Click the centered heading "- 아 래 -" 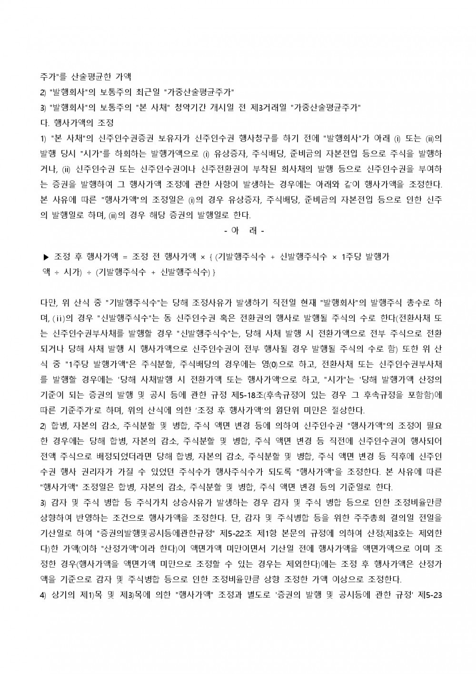244,230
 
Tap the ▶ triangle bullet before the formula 46,257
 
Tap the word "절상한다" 348,410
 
